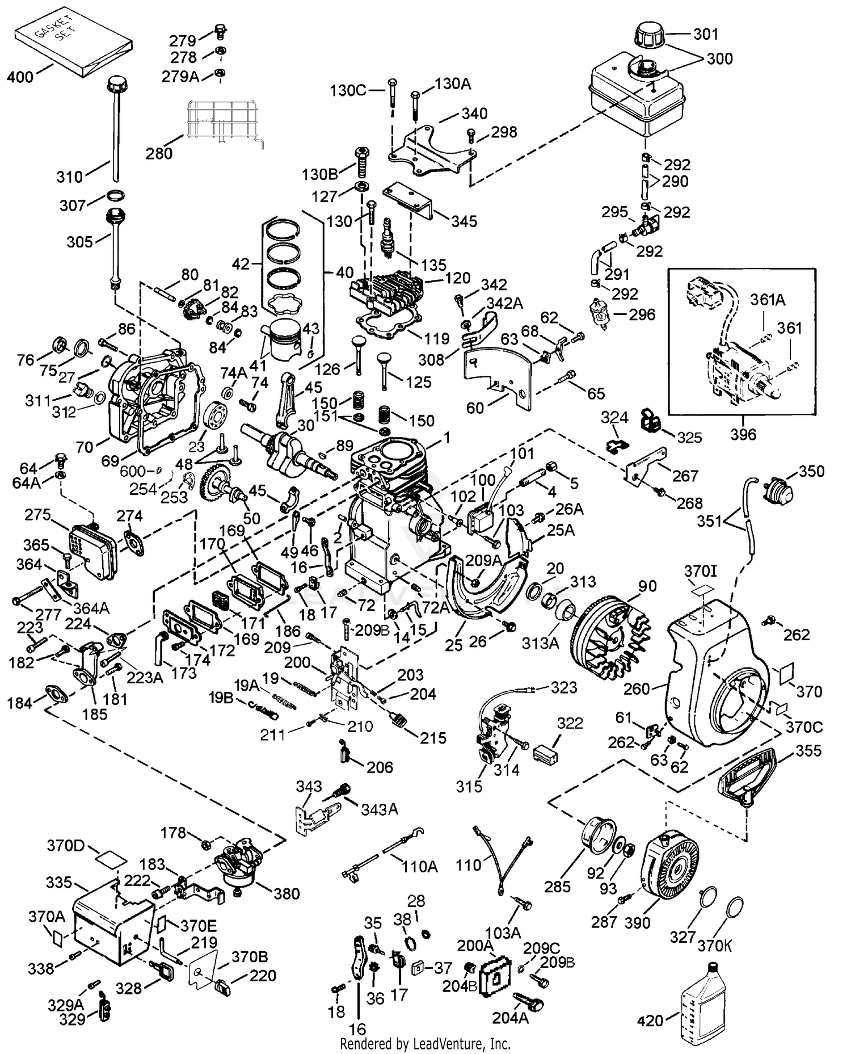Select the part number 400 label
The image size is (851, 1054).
[20, 77]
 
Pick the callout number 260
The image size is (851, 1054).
[636, 689]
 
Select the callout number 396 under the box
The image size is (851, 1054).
[743, 434]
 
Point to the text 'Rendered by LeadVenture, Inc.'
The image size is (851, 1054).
[425, 1043]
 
